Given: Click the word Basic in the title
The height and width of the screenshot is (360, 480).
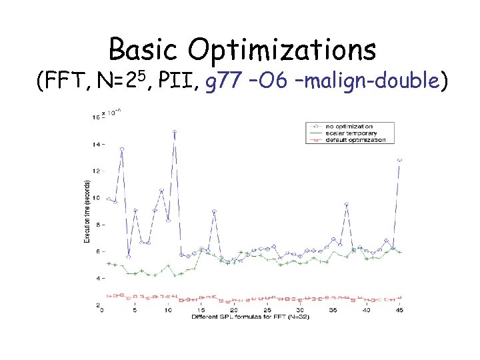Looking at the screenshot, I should [x=143, y=50].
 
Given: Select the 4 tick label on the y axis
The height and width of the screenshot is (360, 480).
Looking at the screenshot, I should [x=97, y=278].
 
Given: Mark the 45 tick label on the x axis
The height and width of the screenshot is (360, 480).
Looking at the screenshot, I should [x=399, y=310].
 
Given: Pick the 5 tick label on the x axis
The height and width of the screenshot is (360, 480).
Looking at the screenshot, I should [x=135, y=310].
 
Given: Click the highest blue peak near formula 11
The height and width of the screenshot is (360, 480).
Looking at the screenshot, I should [x=174, y=132].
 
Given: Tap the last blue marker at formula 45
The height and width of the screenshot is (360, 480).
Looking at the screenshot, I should [x=399, y=160].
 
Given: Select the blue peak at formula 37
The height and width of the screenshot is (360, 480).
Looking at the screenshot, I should [x=347, y=205].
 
